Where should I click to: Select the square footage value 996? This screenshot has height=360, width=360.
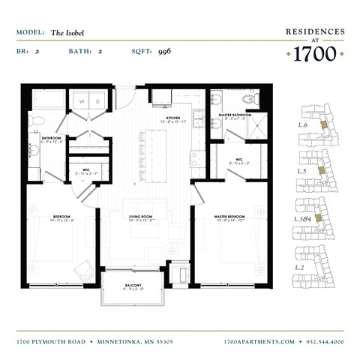[x=165, y=52]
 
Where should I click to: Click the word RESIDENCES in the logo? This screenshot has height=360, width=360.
[x=315, y=31]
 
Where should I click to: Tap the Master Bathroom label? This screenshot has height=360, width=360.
[x=233, y=116]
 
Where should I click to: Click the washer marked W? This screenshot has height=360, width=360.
[x=82, y=101]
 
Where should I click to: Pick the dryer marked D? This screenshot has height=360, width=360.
[x=97, y=101]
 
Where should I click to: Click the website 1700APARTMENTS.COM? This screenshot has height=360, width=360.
[x=259, y=341]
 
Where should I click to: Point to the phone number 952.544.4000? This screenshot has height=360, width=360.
[x=325, y=341]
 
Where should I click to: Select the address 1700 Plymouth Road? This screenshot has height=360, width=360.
[x=52, y=341]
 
